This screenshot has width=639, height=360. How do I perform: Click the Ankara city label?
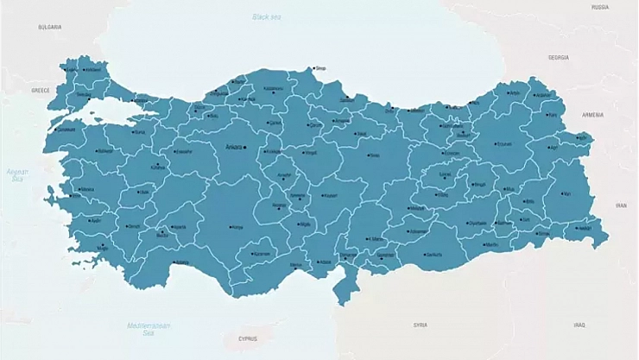tap(233, 147)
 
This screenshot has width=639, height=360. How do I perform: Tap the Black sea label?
tap(266, 17)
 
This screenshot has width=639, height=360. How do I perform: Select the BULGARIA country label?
tap(49, 27)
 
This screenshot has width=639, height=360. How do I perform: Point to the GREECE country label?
tap(41, 90)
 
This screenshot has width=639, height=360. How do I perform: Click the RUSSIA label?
tap(600, 7)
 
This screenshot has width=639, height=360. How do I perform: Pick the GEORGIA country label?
tap(559, 58)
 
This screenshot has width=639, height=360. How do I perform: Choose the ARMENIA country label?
tap(592, 114)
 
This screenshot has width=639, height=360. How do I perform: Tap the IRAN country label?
tap(621, 205)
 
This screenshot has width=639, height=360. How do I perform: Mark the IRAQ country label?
tap(579, 325)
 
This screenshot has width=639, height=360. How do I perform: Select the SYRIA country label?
tap(421, 325)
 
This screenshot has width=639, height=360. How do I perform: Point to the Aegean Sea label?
tap(17, 174)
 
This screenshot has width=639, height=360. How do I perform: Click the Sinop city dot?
tap(313, 68)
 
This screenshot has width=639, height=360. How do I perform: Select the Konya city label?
tap(237, 228)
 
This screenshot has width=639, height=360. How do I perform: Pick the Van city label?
tap(567, 194)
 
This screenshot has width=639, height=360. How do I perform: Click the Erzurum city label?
tap(503, 144)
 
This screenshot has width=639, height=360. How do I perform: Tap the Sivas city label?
tap(374, 156)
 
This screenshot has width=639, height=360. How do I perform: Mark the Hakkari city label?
tap(585, 229)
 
